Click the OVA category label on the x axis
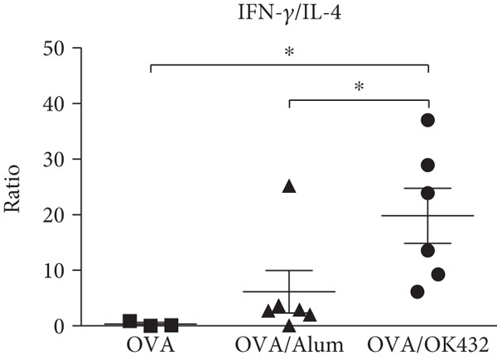[150, 343]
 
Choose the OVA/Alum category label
[289, 343]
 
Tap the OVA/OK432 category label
[428, 343]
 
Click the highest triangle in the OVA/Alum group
[289, 186]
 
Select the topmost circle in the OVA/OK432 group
[427, 120]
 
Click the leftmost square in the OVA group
[130, 321]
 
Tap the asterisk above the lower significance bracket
[359, 87]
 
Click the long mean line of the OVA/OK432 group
[427, 215]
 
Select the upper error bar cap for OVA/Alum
[289, 271]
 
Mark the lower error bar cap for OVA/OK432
[427, 243]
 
